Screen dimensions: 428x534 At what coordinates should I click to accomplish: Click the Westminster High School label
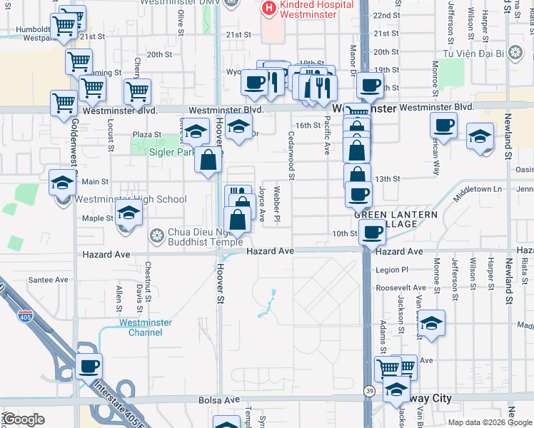click(130, 199)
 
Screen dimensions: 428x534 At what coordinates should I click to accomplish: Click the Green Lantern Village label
click(386, 218)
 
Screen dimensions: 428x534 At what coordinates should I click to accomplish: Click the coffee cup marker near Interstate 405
click(89, 366)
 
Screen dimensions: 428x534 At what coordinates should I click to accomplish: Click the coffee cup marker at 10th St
click(371, 231)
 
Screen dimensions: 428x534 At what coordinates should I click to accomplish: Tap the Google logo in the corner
click(24, 419)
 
